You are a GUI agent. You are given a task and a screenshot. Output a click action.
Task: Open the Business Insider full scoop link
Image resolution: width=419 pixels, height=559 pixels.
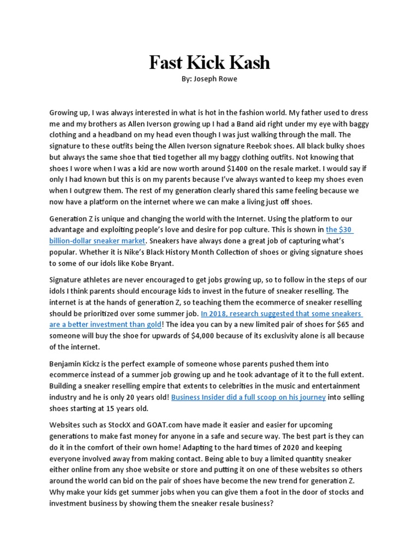coord(248,397)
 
